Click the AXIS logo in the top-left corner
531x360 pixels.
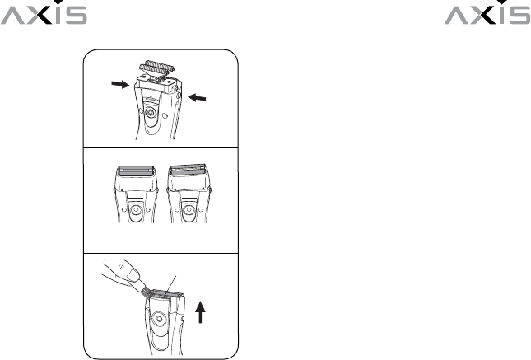tap(44, 12)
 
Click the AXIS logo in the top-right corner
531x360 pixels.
tap(487, 12)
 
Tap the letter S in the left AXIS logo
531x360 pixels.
tap(77, 16)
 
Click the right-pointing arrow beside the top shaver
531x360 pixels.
tap(120, 84)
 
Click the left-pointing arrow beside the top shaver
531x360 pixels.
tap(197, 98)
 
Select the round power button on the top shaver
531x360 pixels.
tap(151, 112)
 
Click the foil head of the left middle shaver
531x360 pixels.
tap(136, 171)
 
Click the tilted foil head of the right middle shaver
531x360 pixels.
tap(188, 171)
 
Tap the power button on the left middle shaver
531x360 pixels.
tap(136, 210)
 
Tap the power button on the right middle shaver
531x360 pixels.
tap(187, 210)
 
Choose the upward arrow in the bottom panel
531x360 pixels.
tap(201, 312)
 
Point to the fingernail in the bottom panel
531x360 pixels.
tap(133, 274)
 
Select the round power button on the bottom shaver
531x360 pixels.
tap(158, 319)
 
